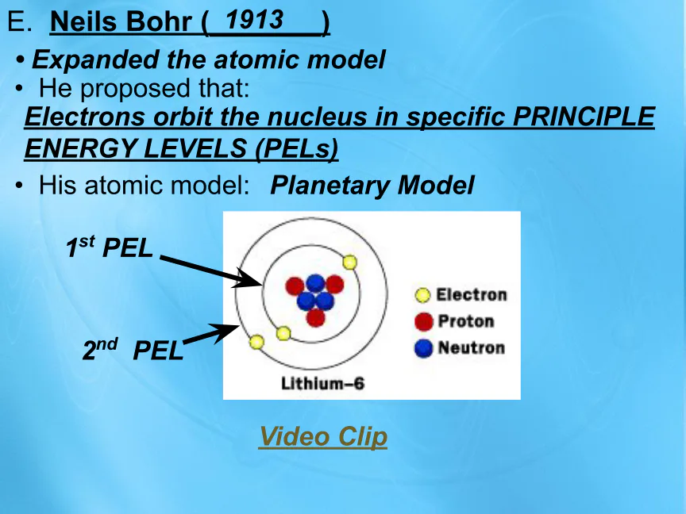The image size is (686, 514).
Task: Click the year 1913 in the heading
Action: pyautogui.click(x=254, y=20)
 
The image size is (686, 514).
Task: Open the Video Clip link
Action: pyautogui.click(x=323, y=436)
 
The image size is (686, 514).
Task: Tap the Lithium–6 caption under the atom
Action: pyautogui.click(x=322, y=383)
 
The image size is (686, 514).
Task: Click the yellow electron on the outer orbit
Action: pyautogui.click(x=256, y=342)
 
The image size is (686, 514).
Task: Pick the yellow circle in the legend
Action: pyautogui.click(x=422, y=295)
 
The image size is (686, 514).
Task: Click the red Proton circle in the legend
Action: pyautogui.click(x=423, y=322)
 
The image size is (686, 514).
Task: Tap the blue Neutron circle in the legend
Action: pyautogui.click(x=423, y=348)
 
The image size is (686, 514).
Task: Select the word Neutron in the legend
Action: pyautogui.click(x=472, y=348)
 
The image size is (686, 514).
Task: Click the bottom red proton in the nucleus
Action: pyautogui.click(x=315, y=317)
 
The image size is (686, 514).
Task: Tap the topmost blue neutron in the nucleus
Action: pyautogui.click(x=315, y=283)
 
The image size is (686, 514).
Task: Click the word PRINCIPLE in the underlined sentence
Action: pyautogui.click(x=584, y=117)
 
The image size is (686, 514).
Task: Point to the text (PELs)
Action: pyautogui.click(x=297, y=148)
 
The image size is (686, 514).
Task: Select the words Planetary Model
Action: pyautogui.click(x=372, y=186)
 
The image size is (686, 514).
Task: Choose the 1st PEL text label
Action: pyautogui.click(x=110, y=247)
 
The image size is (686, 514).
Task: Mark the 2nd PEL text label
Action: pyautogui.click(x=133, y=350)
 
